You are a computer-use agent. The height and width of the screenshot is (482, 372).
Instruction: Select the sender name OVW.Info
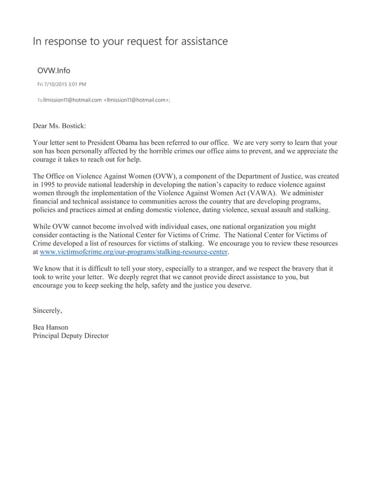pos(54,71)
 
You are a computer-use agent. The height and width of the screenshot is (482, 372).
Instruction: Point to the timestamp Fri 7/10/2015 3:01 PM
pos(62,85)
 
